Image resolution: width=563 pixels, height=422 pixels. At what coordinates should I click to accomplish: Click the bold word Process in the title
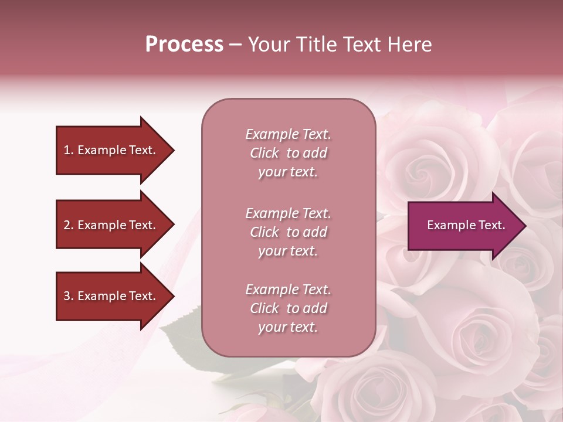click(184, 45)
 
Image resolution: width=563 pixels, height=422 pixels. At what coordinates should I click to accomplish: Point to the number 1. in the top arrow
click(69, 150)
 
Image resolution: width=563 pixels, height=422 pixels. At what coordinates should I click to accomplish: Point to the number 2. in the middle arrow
click(69, 225)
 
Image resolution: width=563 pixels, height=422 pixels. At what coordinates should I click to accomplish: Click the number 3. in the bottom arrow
click(69, 296)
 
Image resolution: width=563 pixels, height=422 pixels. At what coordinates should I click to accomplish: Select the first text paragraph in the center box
click(288, 153)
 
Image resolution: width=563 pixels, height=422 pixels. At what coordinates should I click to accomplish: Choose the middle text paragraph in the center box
click(288, 232)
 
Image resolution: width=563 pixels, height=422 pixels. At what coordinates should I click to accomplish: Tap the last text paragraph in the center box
click(288, 308)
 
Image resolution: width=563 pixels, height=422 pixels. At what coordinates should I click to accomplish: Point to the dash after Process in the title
click(235, 45)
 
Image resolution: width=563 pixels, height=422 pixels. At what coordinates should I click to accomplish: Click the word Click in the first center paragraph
click(264, 153)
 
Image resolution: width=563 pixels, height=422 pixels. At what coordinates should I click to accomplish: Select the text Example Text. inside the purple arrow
click(466, 225)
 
